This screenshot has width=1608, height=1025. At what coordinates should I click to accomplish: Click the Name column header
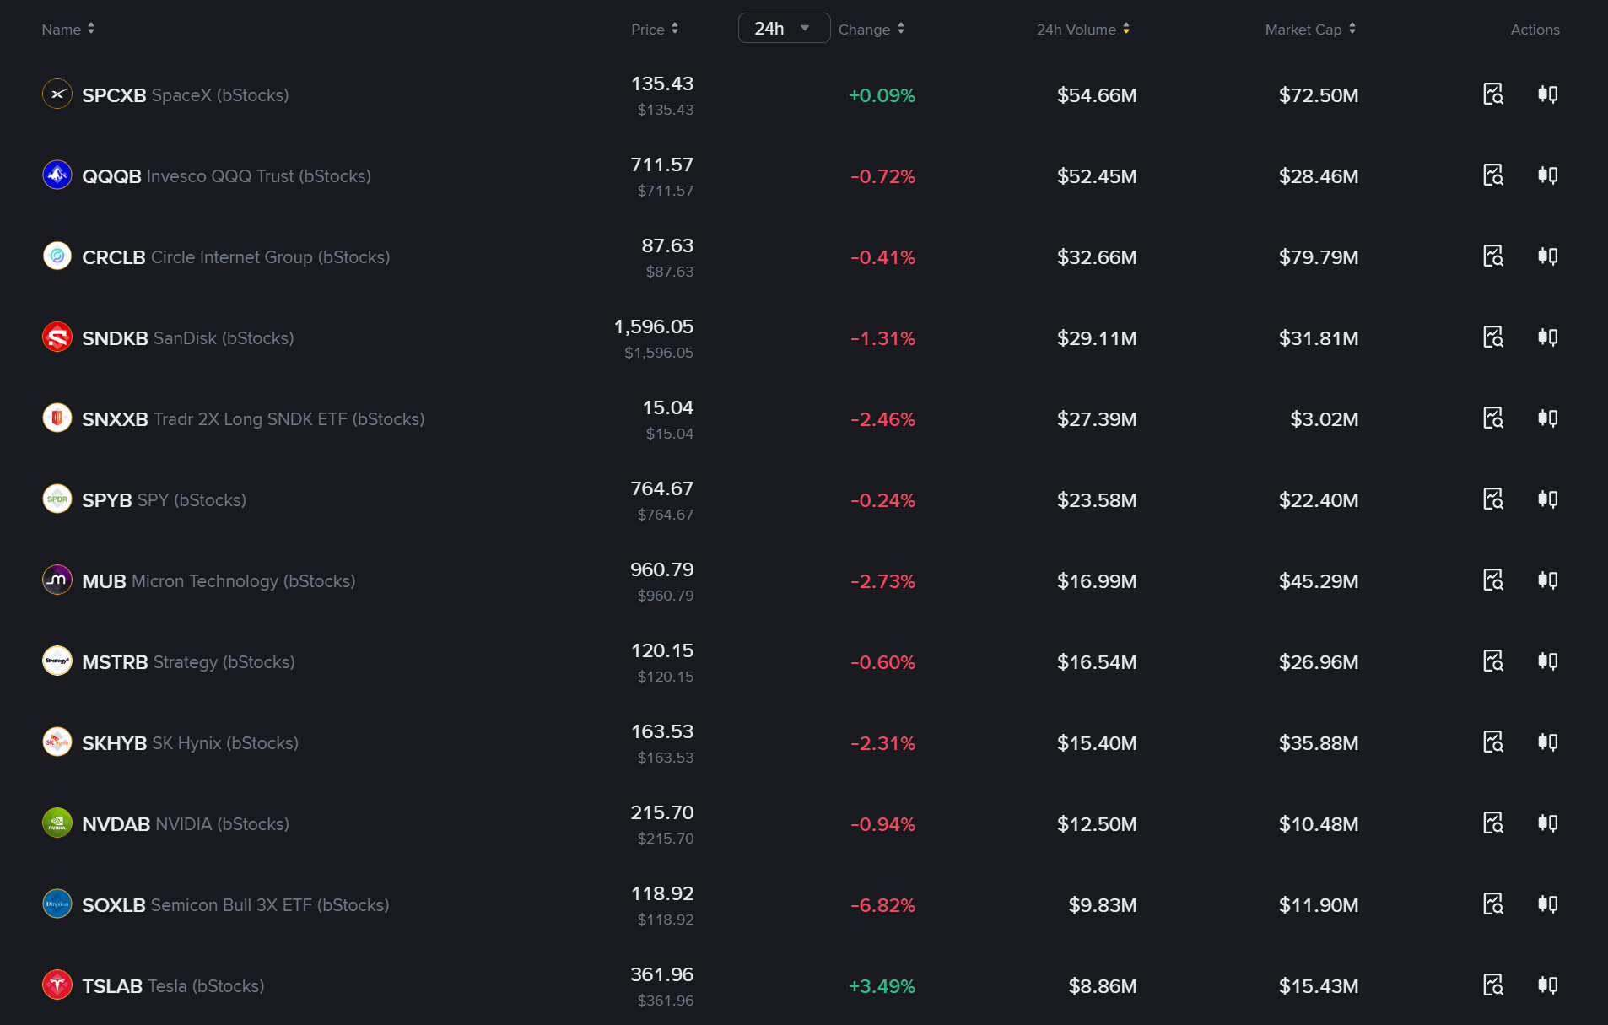coord(62,30)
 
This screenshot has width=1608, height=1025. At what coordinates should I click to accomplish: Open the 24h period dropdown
coord(784,29)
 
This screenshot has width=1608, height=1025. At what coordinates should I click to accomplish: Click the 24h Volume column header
coord(1076,30)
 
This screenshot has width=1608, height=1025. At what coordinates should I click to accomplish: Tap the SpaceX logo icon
coord(57,94)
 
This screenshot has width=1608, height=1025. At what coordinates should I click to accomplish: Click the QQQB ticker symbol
coord(111,176)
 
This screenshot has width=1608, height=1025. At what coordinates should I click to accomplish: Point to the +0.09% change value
coord(882,95)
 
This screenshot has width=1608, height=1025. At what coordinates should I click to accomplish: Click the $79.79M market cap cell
coord(1319,257)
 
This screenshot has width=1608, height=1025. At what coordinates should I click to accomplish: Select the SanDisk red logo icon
coord(57,337)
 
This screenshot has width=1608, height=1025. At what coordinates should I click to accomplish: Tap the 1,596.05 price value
coord(654,326)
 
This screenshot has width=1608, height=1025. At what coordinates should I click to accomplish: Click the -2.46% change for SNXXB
coord(882,419)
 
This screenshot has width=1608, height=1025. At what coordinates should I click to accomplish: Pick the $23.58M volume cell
coord(1097,500)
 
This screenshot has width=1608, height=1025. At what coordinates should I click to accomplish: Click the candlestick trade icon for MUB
coord(1547,580)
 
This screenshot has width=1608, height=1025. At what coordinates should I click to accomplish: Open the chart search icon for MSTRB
coord(1493,661)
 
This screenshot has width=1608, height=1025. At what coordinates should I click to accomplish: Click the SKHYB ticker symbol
coord(114,743)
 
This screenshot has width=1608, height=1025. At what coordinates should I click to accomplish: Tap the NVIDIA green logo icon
coord(57,823)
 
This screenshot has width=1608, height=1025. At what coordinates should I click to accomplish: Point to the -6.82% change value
coord(882,905)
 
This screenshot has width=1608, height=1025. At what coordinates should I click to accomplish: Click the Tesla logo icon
coord(57,985)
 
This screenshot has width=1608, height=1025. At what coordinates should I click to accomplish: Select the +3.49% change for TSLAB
coord(882,986)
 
